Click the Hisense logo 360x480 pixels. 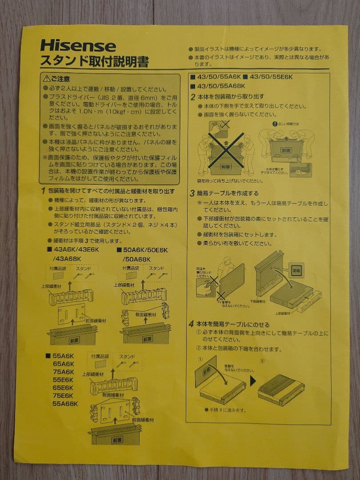coord(78,46)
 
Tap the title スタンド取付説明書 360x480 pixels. coord(95,61)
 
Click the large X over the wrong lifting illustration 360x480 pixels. coord(227,147)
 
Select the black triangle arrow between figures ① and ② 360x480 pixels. coord(252,381)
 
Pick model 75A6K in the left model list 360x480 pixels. coord(64,372)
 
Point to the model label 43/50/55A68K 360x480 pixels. coord(218,86)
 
